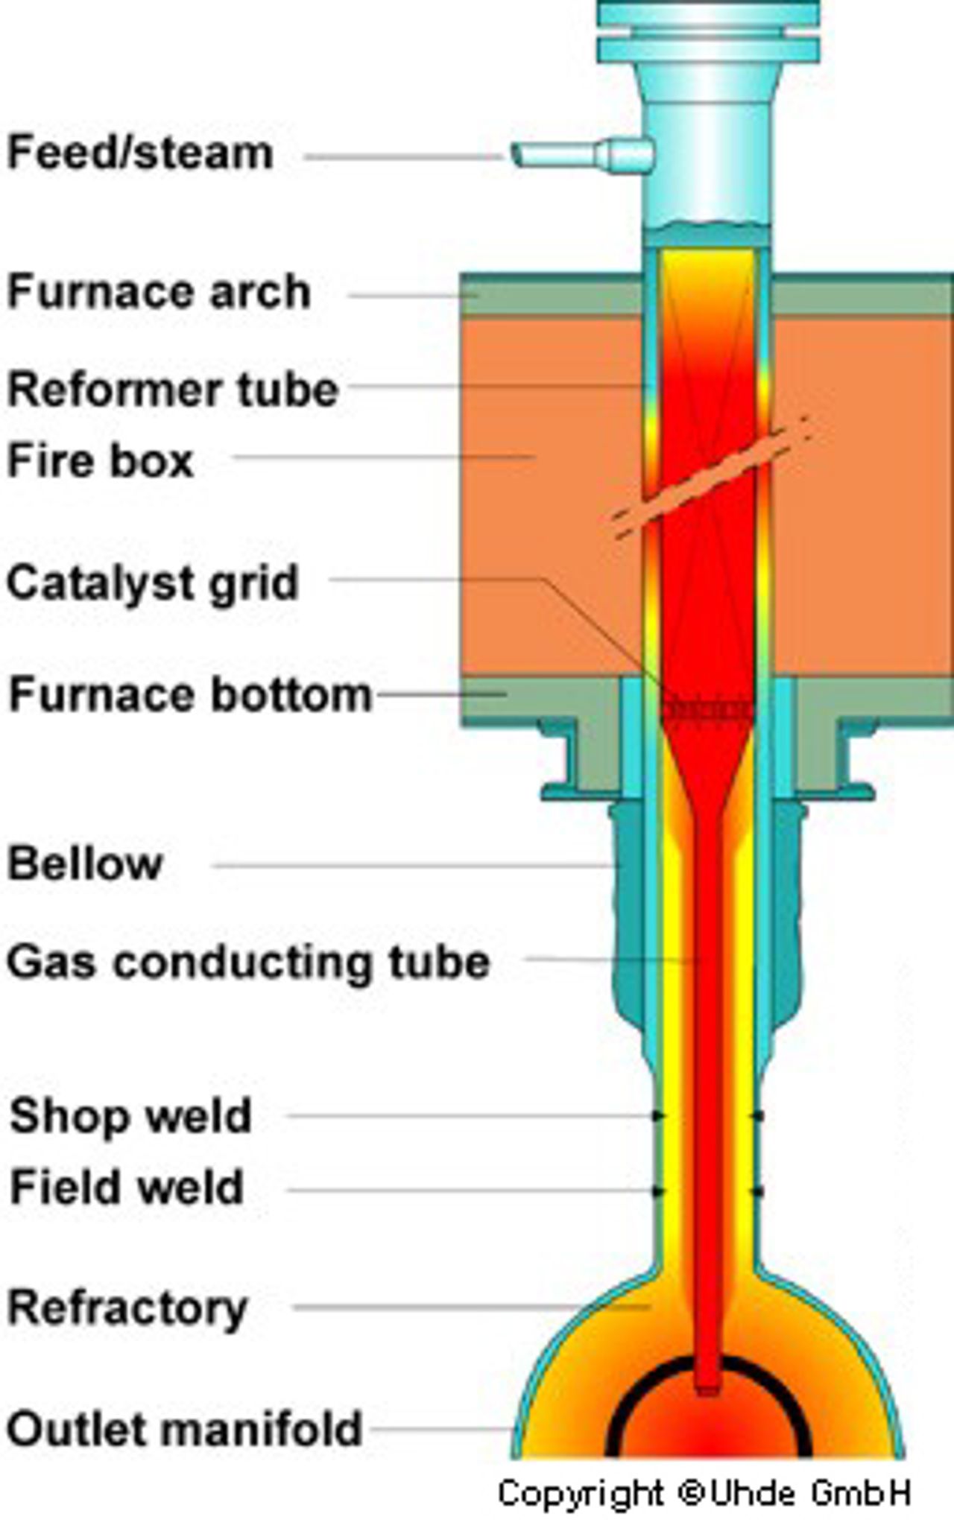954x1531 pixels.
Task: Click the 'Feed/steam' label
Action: [140, 153]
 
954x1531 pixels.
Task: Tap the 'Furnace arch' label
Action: [159, 291]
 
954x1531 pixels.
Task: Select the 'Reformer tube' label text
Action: [173, 389]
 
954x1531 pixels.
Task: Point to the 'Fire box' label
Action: [100, 460]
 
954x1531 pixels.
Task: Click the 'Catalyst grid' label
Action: [153, 583]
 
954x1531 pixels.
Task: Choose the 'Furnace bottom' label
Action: [190, 694]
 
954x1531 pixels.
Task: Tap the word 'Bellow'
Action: [84, 863]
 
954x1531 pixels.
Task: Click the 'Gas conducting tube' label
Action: [248, 963]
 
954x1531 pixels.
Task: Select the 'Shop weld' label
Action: [130, 1117]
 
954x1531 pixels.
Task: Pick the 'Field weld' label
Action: [127, 1187]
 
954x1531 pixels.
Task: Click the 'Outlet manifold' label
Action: [184, 1429]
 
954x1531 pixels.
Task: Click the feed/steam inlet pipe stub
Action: [582, 156]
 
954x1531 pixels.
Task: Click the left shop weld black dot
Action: [658, 1115]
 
